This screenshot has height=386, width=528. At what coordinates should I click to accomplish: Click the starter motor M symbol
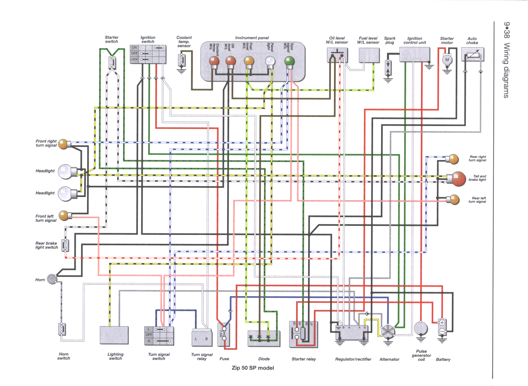[x=447, y=60]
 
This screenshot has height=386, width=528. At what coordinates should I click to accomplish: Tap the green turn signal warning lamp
[x=289, y=61]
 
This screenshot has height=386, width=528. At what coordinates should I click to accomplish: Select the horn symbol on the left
[x=52, y=279]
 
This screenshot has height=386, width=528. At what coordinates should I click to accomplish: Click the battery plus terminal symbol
[x=442, y=323]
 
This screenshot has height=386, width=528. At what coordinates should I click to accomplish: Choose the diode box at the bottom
[x=263, y=339]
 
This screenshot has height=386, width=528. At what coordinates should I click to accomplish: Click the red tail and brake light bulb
[x=458, y=179]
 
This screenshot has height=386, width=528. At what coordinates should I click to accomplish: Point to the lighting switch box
[x=114, y=335]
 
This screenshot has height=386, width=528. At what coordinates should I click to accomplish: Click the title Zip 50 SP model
[x=253, y=368]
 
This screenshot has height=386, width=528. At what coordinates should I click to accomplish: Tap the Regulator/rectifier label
[x=353, y=359]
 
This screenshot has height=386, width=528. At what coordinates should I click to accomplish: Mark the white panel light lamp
[x=270, y=61]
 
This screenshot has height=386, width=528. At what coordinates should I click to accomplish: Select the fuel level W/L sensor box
[x=369, y=55]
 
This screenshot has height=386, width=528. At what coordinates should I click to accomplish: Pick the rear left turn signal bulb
[x=454, y=200]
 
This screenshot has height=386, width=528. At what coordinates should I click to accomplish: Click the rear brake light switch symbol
[x=65, y=245]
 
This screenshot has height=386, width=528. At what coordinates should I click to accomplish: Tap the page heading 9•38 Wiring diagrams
[x=506, y=60]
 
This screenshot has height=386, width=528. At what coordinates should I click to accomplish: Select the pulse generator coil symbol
[x=421, y=328]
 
